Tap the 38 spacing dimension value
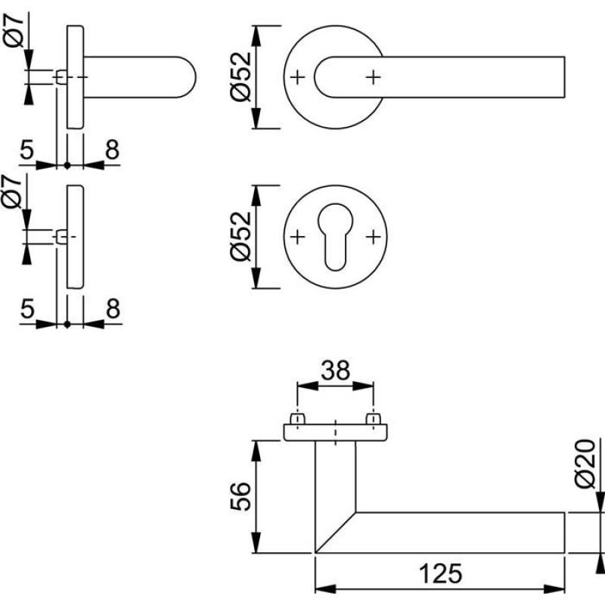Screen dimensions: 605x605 click(x=334, y=370)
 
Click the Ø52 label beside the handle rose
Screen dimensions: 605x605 click(x=240, y=77)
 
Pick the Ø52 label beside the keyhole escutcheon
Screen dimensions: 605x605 click(x=240, y=237)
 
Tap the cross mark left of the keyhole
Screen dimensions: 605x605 click(x=298, y=237)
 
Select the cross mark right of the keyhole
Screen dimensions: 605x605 click(x=372, y=237)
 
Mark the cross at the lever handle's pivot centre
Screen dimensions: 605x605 click(x=372, y=76)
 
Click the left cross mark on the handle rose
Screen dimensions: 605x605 click(x=298, y=76)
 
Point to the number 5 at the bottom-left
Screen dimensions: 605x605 click(x=27, y=309)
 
